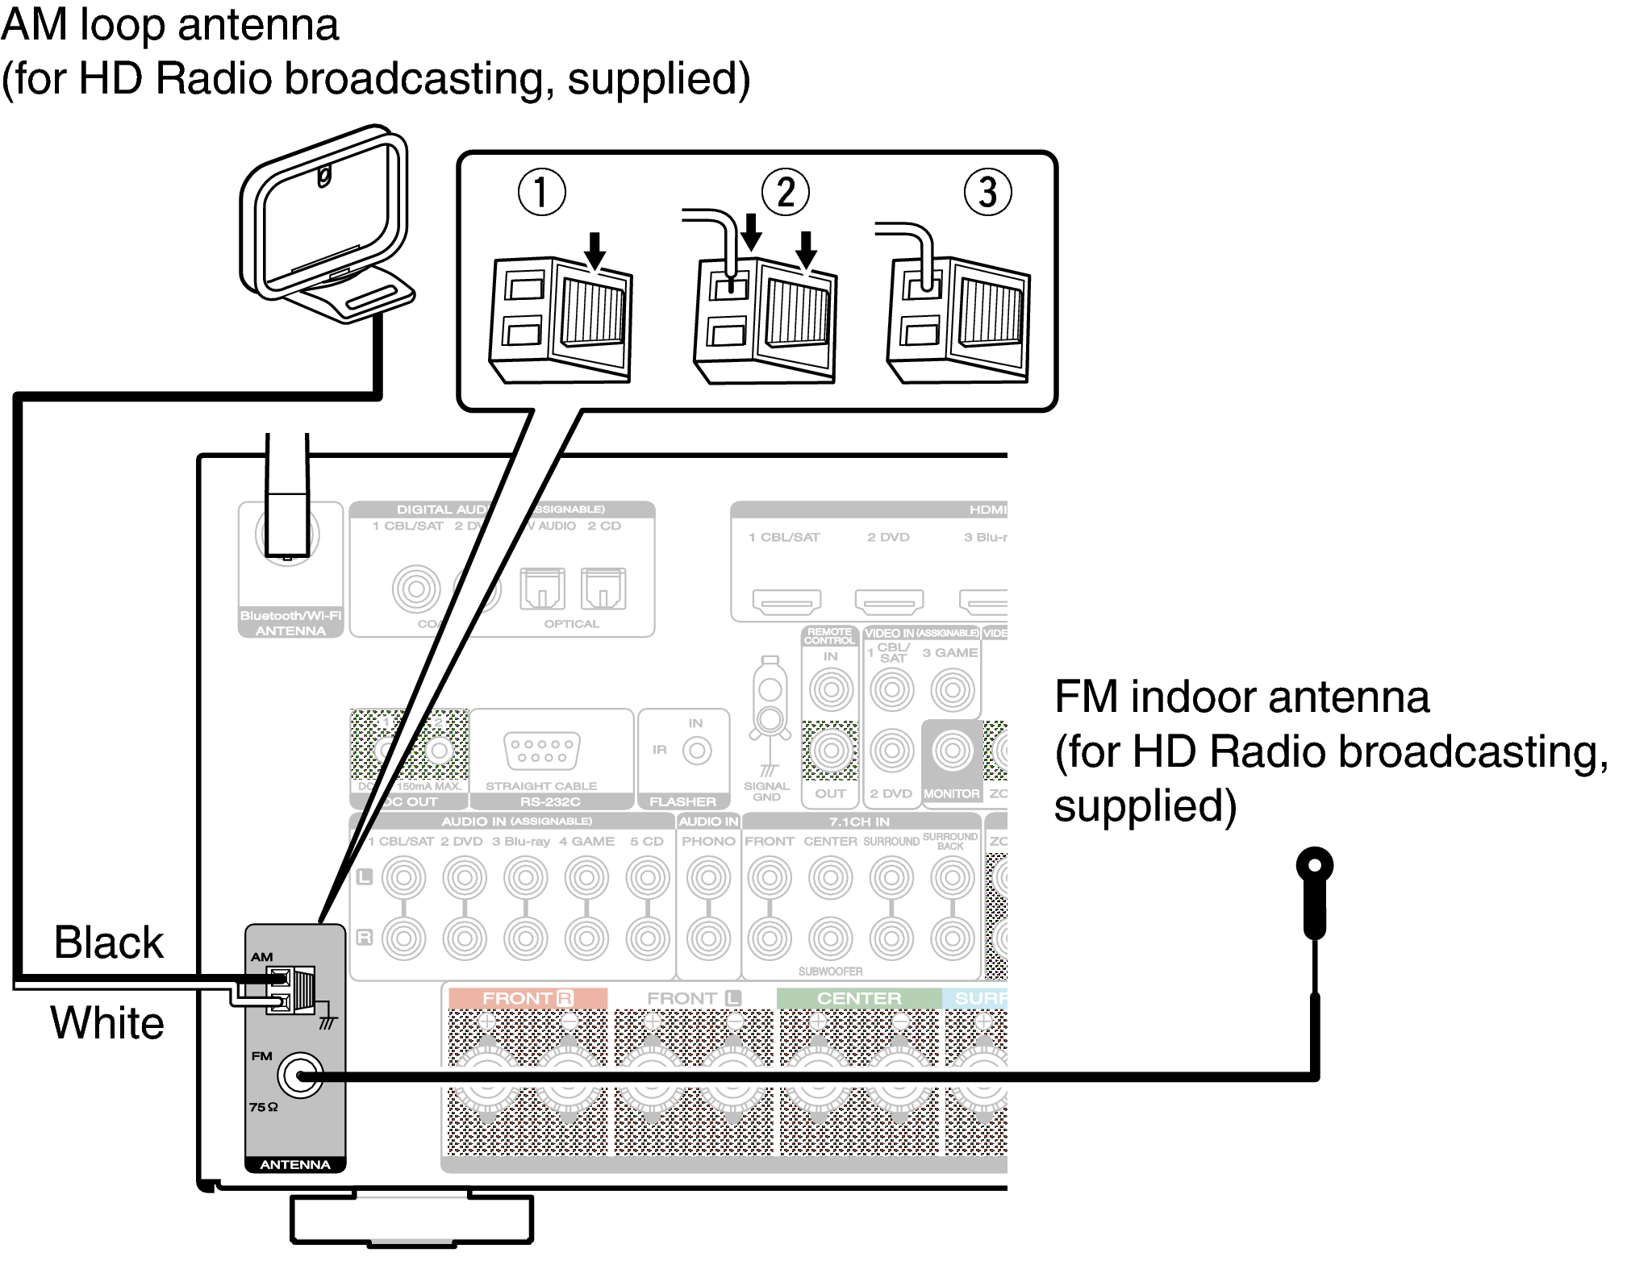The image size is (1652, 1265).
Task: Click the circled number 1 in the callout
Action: coord(541,193)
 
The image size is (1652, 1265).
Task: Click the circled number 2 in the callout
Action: coord(785,193)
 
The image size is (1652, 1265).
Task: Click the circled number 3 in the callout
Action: coord(987,193)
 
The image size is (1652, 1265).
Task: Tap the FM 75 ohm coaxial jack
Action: coord(300,1076)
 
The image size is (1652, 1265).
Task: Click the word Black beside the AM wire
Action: coord(108,943)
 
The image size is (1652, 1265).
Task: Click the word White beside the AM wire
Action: coord(107,1023)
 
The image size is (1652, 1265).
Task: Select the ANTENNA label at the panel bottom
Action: coord(295,1164)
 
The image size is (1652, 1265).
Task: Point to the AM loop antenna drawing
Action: coord(327,226)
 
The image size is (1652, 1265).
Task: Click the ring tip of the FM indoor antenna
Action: coord(1314,866)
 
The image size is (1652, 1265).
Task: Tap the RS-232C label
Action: coord(550,801)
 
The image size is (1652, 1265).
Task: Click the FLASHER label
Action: coord(682,801)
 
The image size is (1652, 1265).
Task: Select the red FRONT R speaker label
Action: coord(527,998)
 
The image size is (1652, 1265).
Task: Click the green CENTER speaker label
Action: coord(858,998)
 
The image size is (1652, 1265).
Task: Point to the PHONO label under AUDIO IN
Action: coord(708,841)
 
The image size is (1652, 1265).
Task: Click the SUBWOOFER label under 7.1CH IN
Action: coord(830,972)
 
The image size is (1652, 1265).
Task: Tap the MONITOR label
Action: coord(952,794)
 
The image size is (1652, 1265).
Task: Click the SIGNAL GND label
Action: coord(766,791)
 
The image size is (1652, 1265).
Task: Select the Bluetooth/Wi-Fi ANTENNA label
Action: coord(290,622)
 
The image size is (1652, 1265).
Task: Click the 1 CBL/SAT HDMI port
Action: coord(786,601)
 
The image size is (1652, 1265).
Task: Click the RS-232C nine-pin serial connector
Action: coord(541,751)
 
